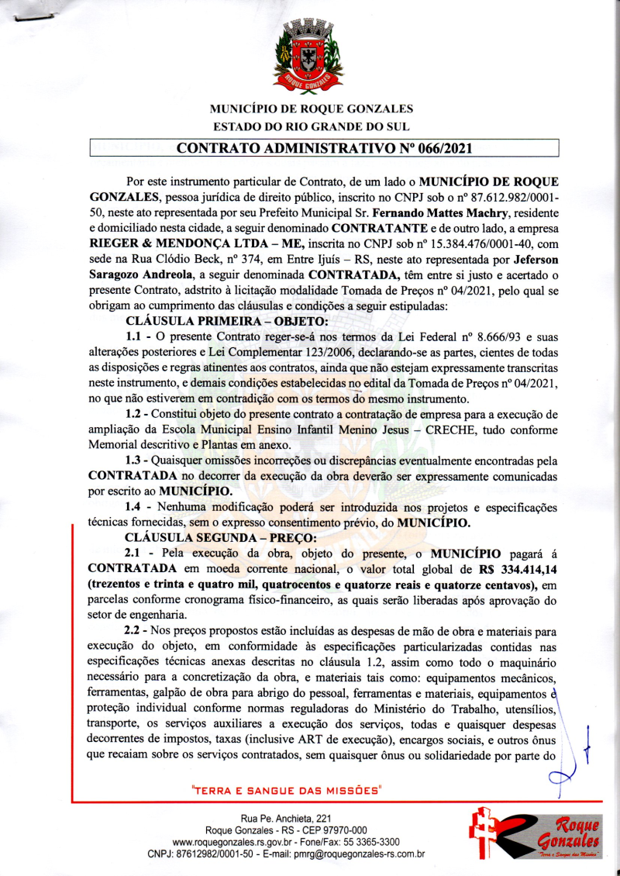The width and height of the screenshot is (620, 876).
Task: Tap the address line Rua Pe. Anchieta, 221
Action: pyautogui.click(x=286, y=818)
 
